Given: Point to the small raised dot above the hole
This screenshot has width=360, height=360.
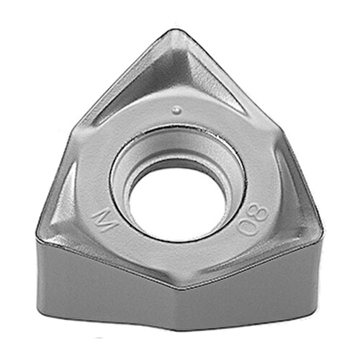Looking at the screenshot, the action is click(176, 109).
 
